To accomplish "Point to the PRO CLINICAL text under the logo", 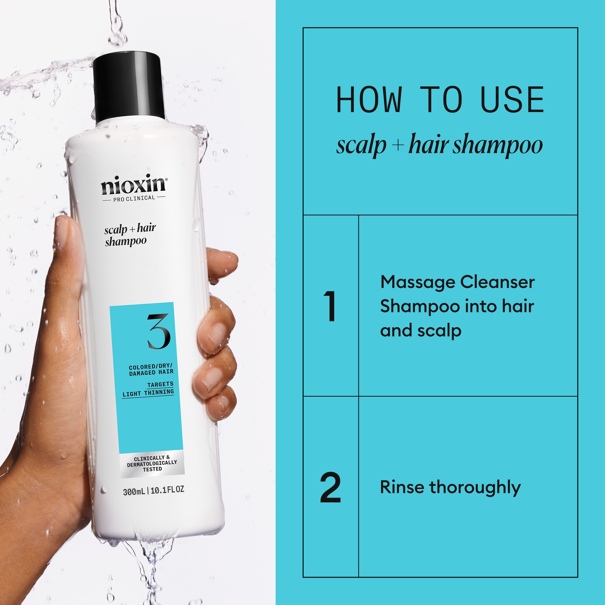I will pos(134,198).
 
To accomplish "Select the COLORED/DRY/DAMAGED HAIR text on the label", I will pos(151,370).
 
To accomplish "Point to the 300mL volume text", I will pos(134,492).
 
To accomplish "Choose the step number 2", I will pos(330,488).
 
